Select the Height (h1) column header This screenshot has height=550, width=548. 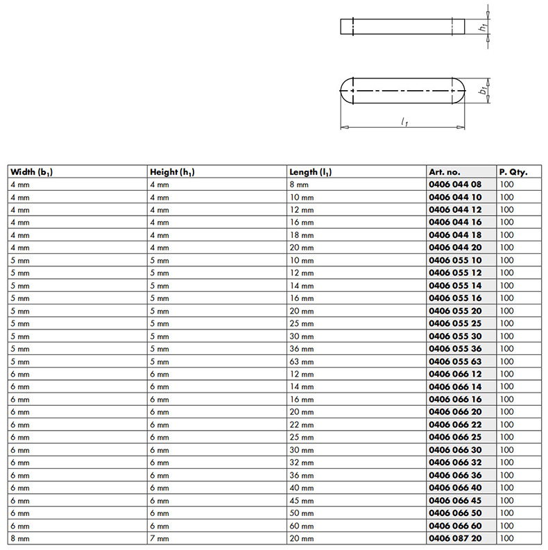(x=172, y=172)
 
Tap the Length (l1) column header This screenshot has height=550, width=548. (x=311, y=172)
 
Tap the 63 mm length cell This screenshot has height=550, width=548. (x=301, y=361)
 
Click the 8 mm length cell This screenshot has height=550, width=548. (x=299, y=184)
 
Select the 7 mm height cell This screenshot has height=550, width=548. (x=159, y=538)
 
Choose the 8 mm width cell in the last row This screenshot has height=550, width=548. (x=20, y=538)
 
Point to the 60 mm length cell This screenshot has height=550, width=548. (x=301, y=526)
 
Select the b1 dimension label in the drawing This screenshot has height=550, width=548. (x=483, y=91)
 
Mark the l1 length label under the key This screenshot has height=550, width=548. (x=404, y=122)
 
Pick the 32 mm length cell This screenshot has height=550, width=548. (x=301, y=463)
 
